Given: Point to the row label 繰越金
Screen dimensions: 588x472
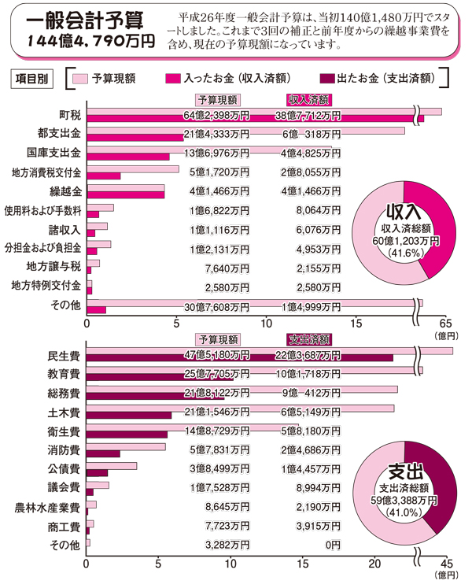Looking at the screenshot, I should click(x=67, y=191).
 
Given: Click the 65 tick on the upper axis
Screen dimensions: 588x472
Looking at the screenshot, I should click(x=445, y=323).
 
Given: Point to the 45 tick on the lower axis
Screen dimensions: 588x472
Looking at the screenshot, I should click(x=445, y=564).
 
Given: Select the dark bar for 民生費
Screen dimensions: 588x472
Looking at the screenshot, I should click(x=236, y=359).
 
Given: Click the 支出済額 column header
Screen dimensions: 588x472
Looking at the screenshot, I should click(x=308, y=339).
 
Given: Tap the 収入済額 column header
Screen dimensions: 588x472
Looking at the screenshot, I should click(x=308, y=99).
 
